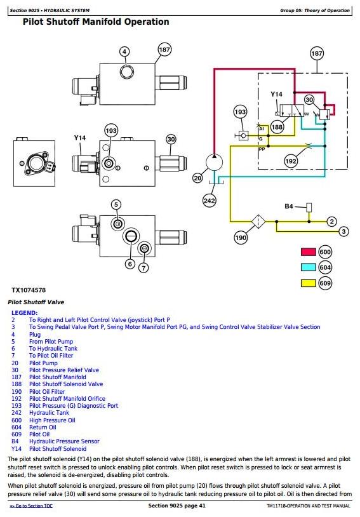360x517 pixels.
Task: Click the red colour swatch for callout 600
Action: tap(308, 252)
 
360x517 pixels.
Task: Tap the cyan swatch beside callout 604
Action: tap(308, 267)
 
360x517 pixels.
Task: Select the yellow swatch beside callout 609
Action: tap(308, 283)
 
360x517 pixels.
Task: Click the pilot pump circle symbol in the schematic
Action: tap(215, 163)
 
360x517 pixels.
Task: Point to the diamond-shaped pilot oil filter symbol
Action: tap(258, 221)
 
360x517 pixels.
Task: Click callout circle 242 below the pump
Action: tap(210, 201)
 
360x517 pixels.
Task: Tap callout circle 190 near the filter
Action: tap(241, 238)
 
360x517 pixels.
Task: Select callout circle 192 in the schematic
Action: tap(291, 161)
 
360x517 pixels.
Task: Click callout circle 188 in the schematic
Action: tap(277, 127)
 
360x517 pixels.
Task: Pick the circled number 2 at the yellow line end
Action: tap(331, 222)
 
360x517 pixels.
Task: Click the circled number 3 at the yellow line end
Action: tap(344, 231)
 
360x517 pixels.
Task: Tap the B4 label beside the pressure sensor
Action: tap(289, 206)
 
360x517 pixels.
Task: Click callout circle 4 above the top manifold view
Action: tap(124, 51)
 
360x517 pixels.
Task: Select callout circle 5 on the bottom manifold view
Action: tap(116, 205)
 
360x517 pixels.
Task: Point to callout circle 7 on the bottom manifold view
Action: tap(143, 268)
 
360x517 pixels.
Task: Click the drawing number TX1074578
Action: tap(29, 290)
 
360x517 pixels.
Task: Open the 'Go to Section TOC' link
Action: tap(31, 506)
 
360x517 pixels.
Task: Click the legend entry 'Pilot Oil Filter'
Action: tap(47, 391)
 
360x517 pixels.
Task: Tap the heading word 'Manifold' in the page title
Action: tap(102, 22)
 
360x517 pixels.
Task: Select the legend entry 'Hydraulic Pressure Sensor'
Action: tap(64, 441)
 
